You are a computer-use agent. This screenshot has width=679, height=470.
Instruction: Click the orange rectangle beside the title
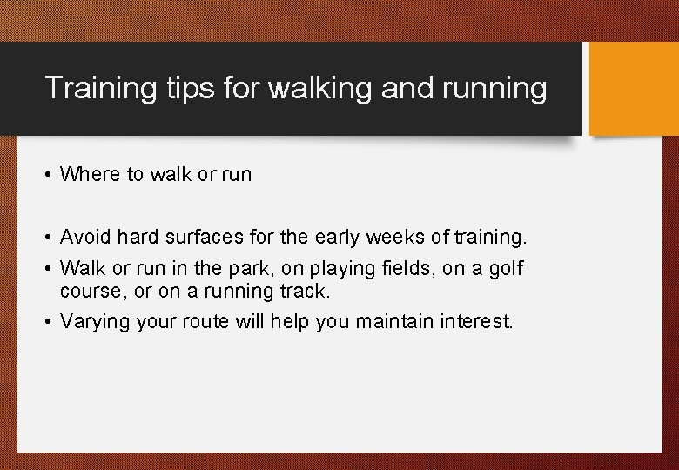click(x=632, y=89)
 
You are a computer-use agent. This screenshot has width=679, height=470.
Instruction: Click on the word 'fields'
click(x=408, y=269)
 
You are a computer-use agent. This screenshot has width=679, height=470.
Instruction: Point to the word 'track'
click(x=306, y=290)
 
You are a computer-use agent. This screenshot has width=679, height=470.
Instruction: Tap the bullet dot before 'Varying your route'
click(x=47, y=322)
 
